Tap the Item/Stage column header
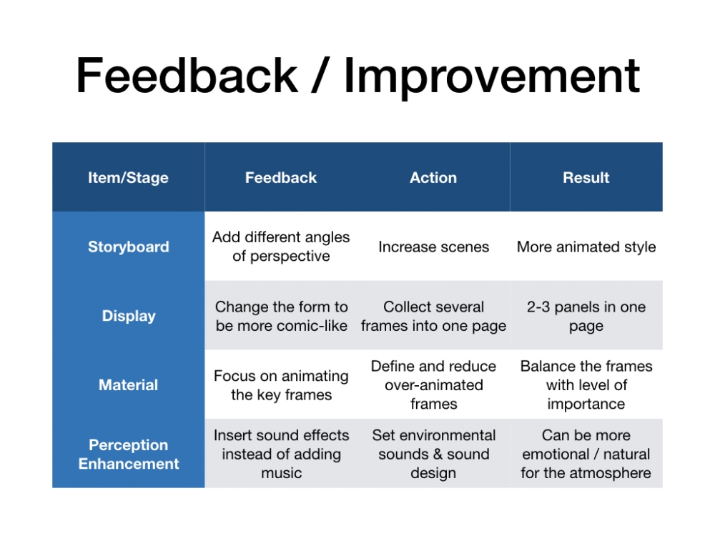coord(128,178)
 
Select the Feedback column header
coord(281,177)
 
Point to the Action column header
coord(433,177)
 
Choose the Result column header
coord(586,177)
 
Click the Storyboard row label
coord(129,247)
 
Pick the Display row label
coord(129,316)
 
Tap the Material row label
coord(129,384)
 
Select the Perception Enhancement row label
coord(129,454)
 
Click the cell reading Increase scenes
coord(434,247)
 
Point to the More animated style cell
coord(586,247)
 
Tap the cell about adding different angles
coord(281,247)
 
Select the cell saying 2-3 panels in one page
coord(586,316)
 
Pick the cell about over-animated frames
coord(434,384)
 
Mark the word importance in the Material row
coord(586,405)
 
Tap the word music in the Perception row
coord(281,473)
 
